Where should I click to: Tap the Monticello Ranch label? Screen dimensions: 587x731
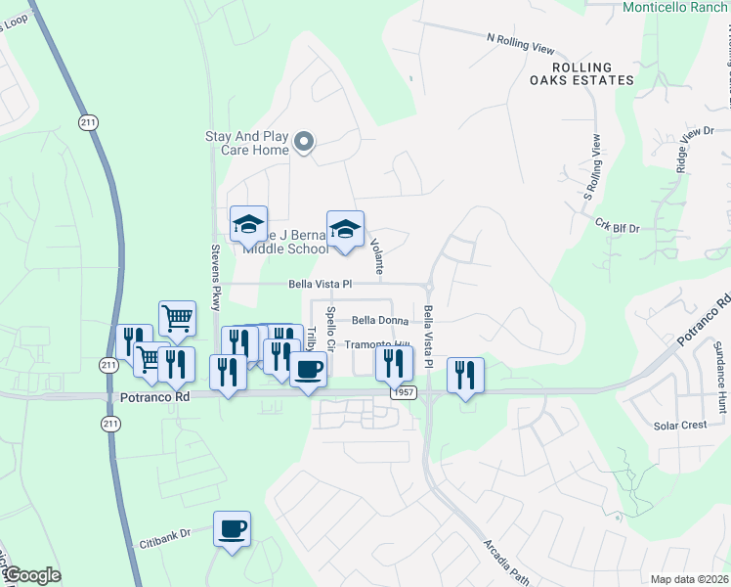(675, 7)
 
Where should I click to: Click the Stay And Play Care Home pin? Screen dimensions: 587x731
(304, 143)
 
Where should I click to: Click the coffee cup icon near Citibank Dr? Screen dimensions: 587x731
(232, 529)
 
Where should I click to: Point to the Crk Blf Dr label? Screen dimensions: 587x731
(617, 227)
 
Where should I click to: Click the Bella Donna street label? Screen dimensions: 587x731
(380, 320)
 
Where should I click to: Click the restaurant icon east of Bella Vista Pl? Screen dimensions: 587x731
(465, 374)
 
